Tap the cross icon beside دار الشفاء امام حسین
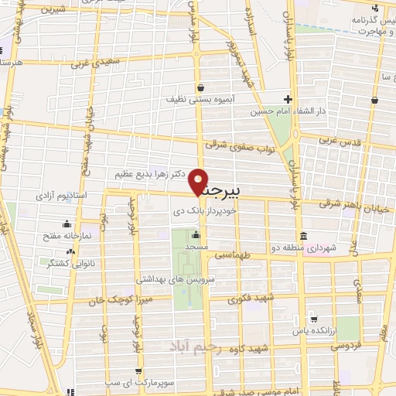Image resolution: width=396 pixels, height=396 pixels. (288, 99)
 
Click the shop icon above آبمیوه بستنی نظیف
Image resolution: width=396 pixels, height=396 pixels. (200, 87)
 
